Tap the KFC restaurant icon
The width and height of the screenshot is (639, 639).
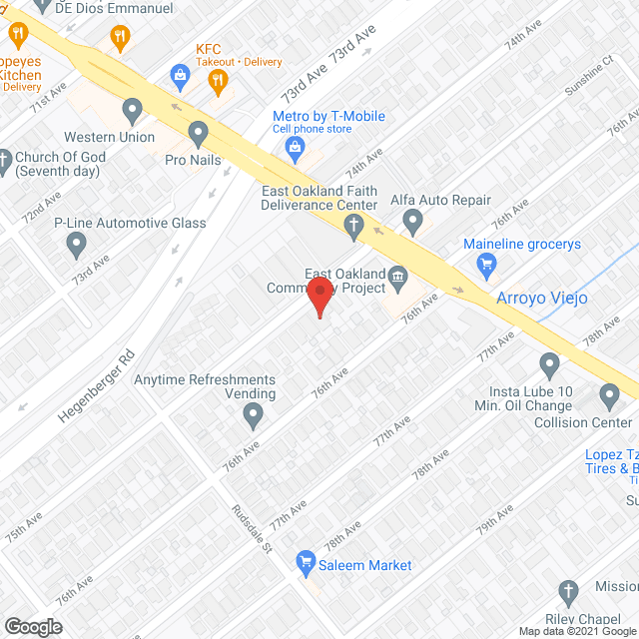pyautogui.click(x=180, y=72)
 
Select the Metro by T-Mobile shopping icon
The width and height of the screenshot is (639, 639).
pyautogui.click(x=295, y=149)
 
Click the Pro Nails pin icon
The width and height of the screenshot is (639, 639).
pyautogui.click(x=198, y=132)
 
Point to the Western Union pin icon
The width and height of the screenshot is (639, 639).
pyautogui.click(x=131, y=109)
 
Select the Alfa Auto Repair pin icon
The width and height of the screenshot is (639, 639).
pyautogui.click(x=411, y=225)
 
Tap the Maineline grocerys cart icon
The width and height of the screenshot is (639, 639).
pyautogui.click(x=487, y=264)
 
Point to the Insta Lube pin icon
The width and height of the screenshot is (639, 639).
pyautogui.click(x=549, y=363)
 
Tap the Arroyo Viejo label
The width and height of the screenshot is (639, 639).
pyautogui.click(x=542, y=298)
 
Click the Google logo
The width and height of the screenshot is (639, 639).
pyautogui.click(x=32, y=626)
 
